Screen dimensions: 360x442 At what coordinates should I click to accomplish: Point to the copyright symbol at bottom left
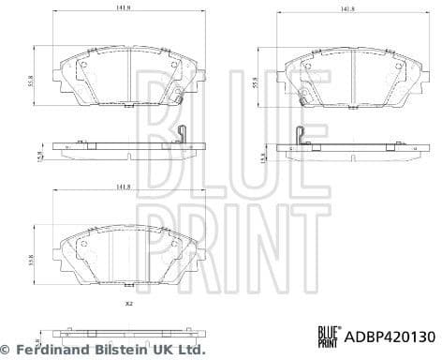8,348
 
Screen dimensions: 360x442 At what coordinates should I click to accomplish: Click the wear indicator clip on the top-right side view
297,137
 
